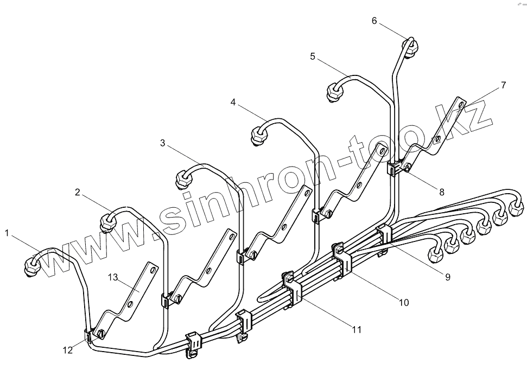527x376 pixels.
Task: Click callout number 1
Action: (8, 233)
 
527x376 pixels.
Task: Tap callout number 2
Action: (78, 192)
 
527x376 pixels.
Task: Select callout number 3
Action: (163, 143)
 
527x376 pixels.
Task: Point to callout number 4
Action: (233, 101)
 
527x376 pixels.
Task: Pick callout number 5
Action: (313, 56)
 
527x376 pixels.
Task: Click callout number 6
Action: (374, 21)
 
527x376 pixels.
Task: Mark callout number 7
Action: (504, 85)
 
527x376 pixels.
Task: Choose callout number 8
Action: (442, 191)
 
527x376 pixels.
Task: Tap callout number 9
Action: (448, 277)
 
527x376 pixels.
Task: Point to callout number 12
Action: (67, 350)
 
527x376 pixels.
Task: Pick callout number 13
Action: (113, 277)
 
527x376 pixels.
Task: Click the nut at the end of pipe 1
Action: (33, 265)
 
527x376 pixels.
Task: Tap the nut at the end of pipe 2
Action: (107, 222)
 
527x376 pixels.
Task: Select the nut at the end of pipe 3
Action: (183, 179)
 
